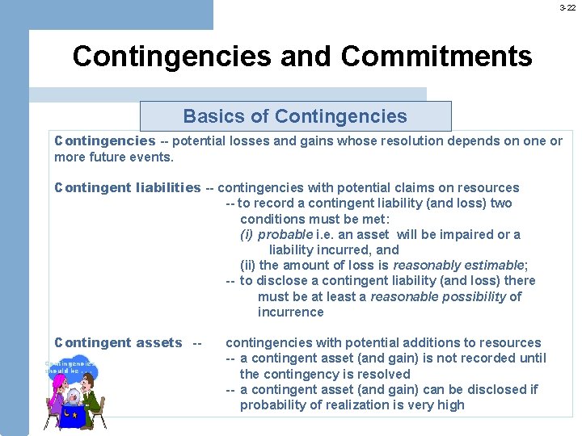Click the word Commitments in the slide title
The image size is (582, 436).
click(436, 57)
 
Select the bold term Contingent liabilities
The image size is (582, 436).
click(127, 188)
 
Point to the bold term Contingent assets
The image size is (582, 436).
click(118, 343)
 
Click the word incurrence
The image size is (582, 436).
click(290, 312)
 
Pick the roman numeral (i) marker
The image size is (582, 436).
click(247, 234)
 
